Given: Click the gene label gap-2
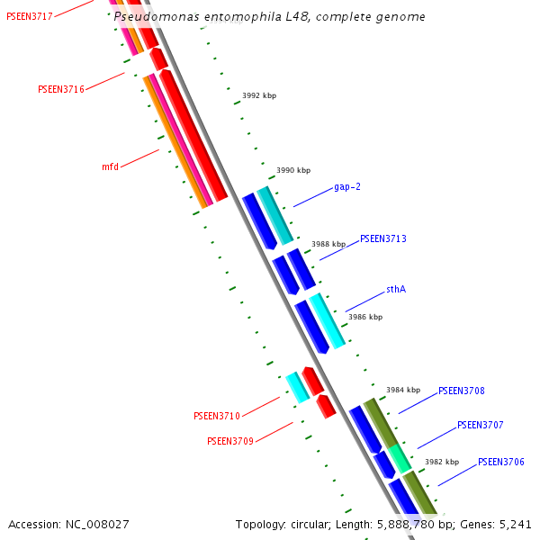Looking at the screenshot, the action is coord(347,187).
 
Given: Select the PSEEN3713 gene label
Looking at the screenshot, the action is coord(383,239).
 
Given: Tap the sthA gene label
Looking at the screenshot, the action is coord(396,290).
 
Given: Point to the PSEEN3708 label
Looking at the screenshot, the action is coord(462,391).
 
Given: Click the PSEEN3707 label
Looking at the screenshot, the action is coord(481,425).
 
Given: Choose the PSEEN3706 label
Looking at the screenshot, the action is coord(501,463).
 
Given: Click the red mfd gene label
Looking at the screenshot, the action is coord(110,167).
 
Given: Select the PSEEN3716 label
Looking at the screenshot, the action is coord(61,90).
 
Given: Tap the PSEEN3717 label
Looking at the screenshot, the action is coord(30,17).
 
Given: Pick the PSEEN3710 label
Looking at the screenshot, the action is coord(217,417).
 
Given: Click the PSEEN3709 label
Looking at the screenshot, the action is coord(230,442).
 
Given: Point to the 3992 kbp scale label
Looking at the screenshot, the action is coord(259,95).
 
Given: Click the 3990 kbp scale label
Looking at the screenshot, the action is coord(293,170).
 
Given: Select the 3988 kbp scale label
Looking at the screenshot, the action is coord(328,244).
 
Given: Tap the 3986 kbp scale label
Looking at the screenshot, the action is coord(365,318).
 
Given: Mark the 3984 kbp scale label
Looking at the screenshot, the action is coord(403,391).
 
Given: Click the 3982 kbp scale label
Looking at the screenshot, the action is coord(442,463).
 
